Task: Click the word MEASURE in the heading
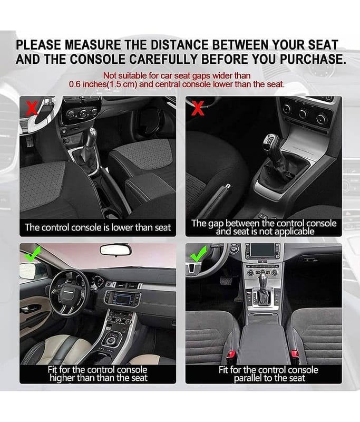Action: point(93,44)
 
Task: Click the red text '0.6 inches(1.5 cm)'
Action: point(103,84)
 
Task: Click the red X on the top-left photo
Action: point(32,108)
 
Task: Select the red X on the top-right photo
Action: point(198,108)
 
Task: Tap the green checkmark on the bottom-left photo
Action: point(32,254)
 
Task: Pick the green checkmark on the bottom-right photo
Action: point(198,253)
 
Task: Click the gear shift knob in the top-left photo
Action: point(93,133)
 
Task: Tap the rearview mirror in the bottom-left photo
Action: point(115,250)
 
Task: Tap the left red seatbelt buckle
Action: point(231,354)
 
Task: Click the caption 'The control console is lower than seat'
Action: point(98,228)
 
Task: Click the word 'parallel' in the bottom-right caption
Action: point(248,378)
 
